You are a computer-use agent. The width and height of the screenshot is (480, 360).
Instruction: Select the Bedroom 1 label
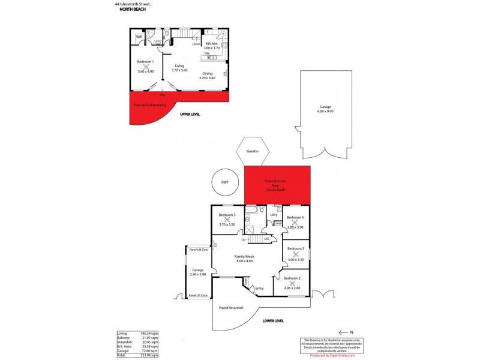(x=145, y=62)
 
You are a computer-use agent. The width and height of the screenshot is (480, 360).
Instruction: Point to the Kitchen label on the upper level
(x=212, y=44)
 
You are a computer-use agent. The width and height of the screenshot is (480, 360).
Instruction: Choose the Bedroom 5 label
(x=227, y=215)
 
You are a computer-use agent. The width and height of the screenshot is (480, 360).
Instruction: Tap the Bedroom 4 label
(x=295, y=217)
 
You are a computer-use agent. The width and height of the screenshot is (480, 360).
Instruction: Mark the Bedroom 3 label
(x=295, y=248)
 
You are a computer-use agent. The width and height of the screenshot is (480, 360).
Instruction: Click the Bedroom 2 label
(x=292, y=279)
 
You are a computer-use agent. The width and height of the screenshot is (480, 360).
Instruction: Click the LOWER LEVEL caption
(x=273, y=322)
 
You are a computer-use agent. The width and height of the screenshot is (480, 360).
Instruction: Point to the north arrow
(x=345, y=331)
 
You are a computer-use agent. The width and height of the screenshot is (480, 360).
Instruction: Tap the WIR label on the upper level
(x=139, y=37)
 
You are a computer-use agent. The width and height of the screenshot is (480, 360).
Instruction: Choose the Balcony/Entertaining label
(x=149, y=105)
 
